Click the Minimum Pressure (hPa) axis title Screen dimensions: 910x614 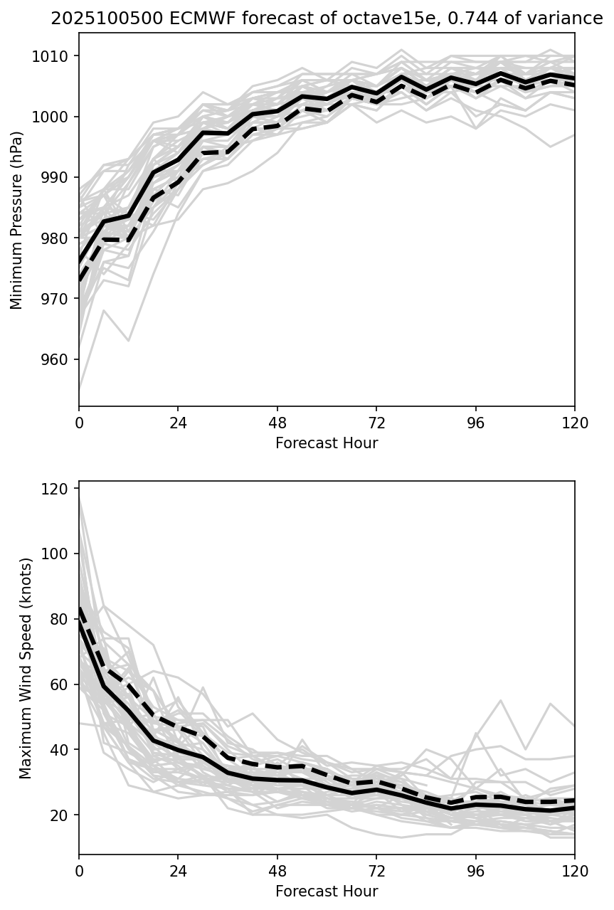point(17,220)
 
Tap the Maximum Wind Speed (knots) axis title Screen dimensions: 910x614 point(26,667)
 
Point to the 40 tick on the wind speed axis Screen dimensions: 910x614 point(61,750)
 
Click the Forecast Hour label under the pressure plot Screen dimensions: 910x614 point(327,443)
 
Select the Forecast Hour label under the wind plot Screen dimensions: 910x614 point(327,892)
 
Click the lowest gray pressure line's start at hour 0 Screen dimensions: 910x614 point(80,390)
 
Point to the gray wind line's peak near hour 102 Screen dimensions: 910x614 point(501,700)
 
